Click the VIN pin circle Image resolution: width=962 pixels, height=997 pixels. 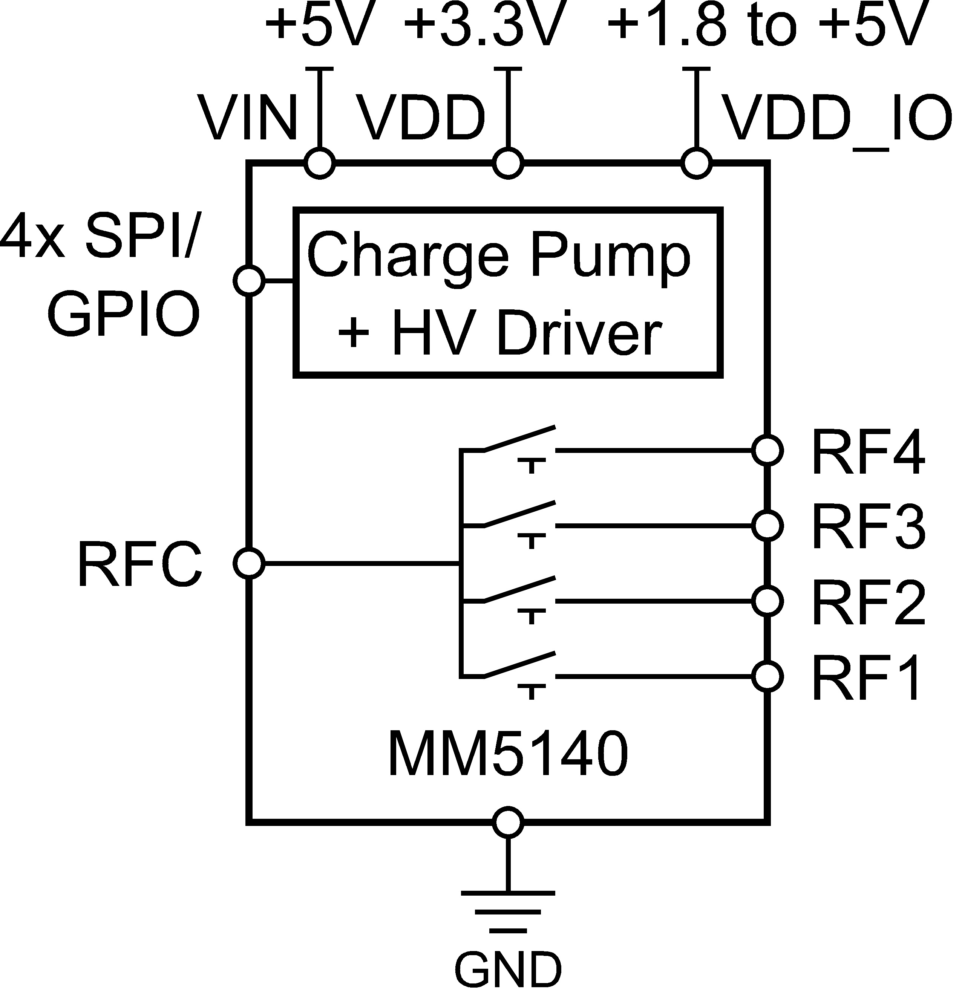tap(320, 163)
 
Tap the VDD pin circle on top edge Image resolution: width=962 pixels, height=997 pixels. tap(508, 163)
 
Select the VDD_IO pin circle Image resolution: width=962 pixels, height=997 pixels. tap(696, 163)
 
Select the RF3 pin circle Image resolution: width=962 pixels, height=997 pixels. tap(767, 526)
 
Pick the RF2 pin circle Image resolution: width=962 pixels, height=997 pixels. tap(767, 601)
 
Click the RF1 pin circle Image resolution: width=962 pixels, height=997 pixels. tap(767, 677)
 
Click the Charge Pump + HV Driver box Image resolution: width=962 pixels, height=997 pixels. tap(508, 292)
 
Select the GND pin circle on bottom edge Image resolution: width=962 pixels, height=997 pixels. tap(508, 822)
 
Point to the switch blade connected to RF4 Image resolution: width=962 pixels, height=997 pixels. tap(519, 439)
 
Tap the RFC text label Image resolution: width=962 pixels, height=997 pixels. tap(139, 564)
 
